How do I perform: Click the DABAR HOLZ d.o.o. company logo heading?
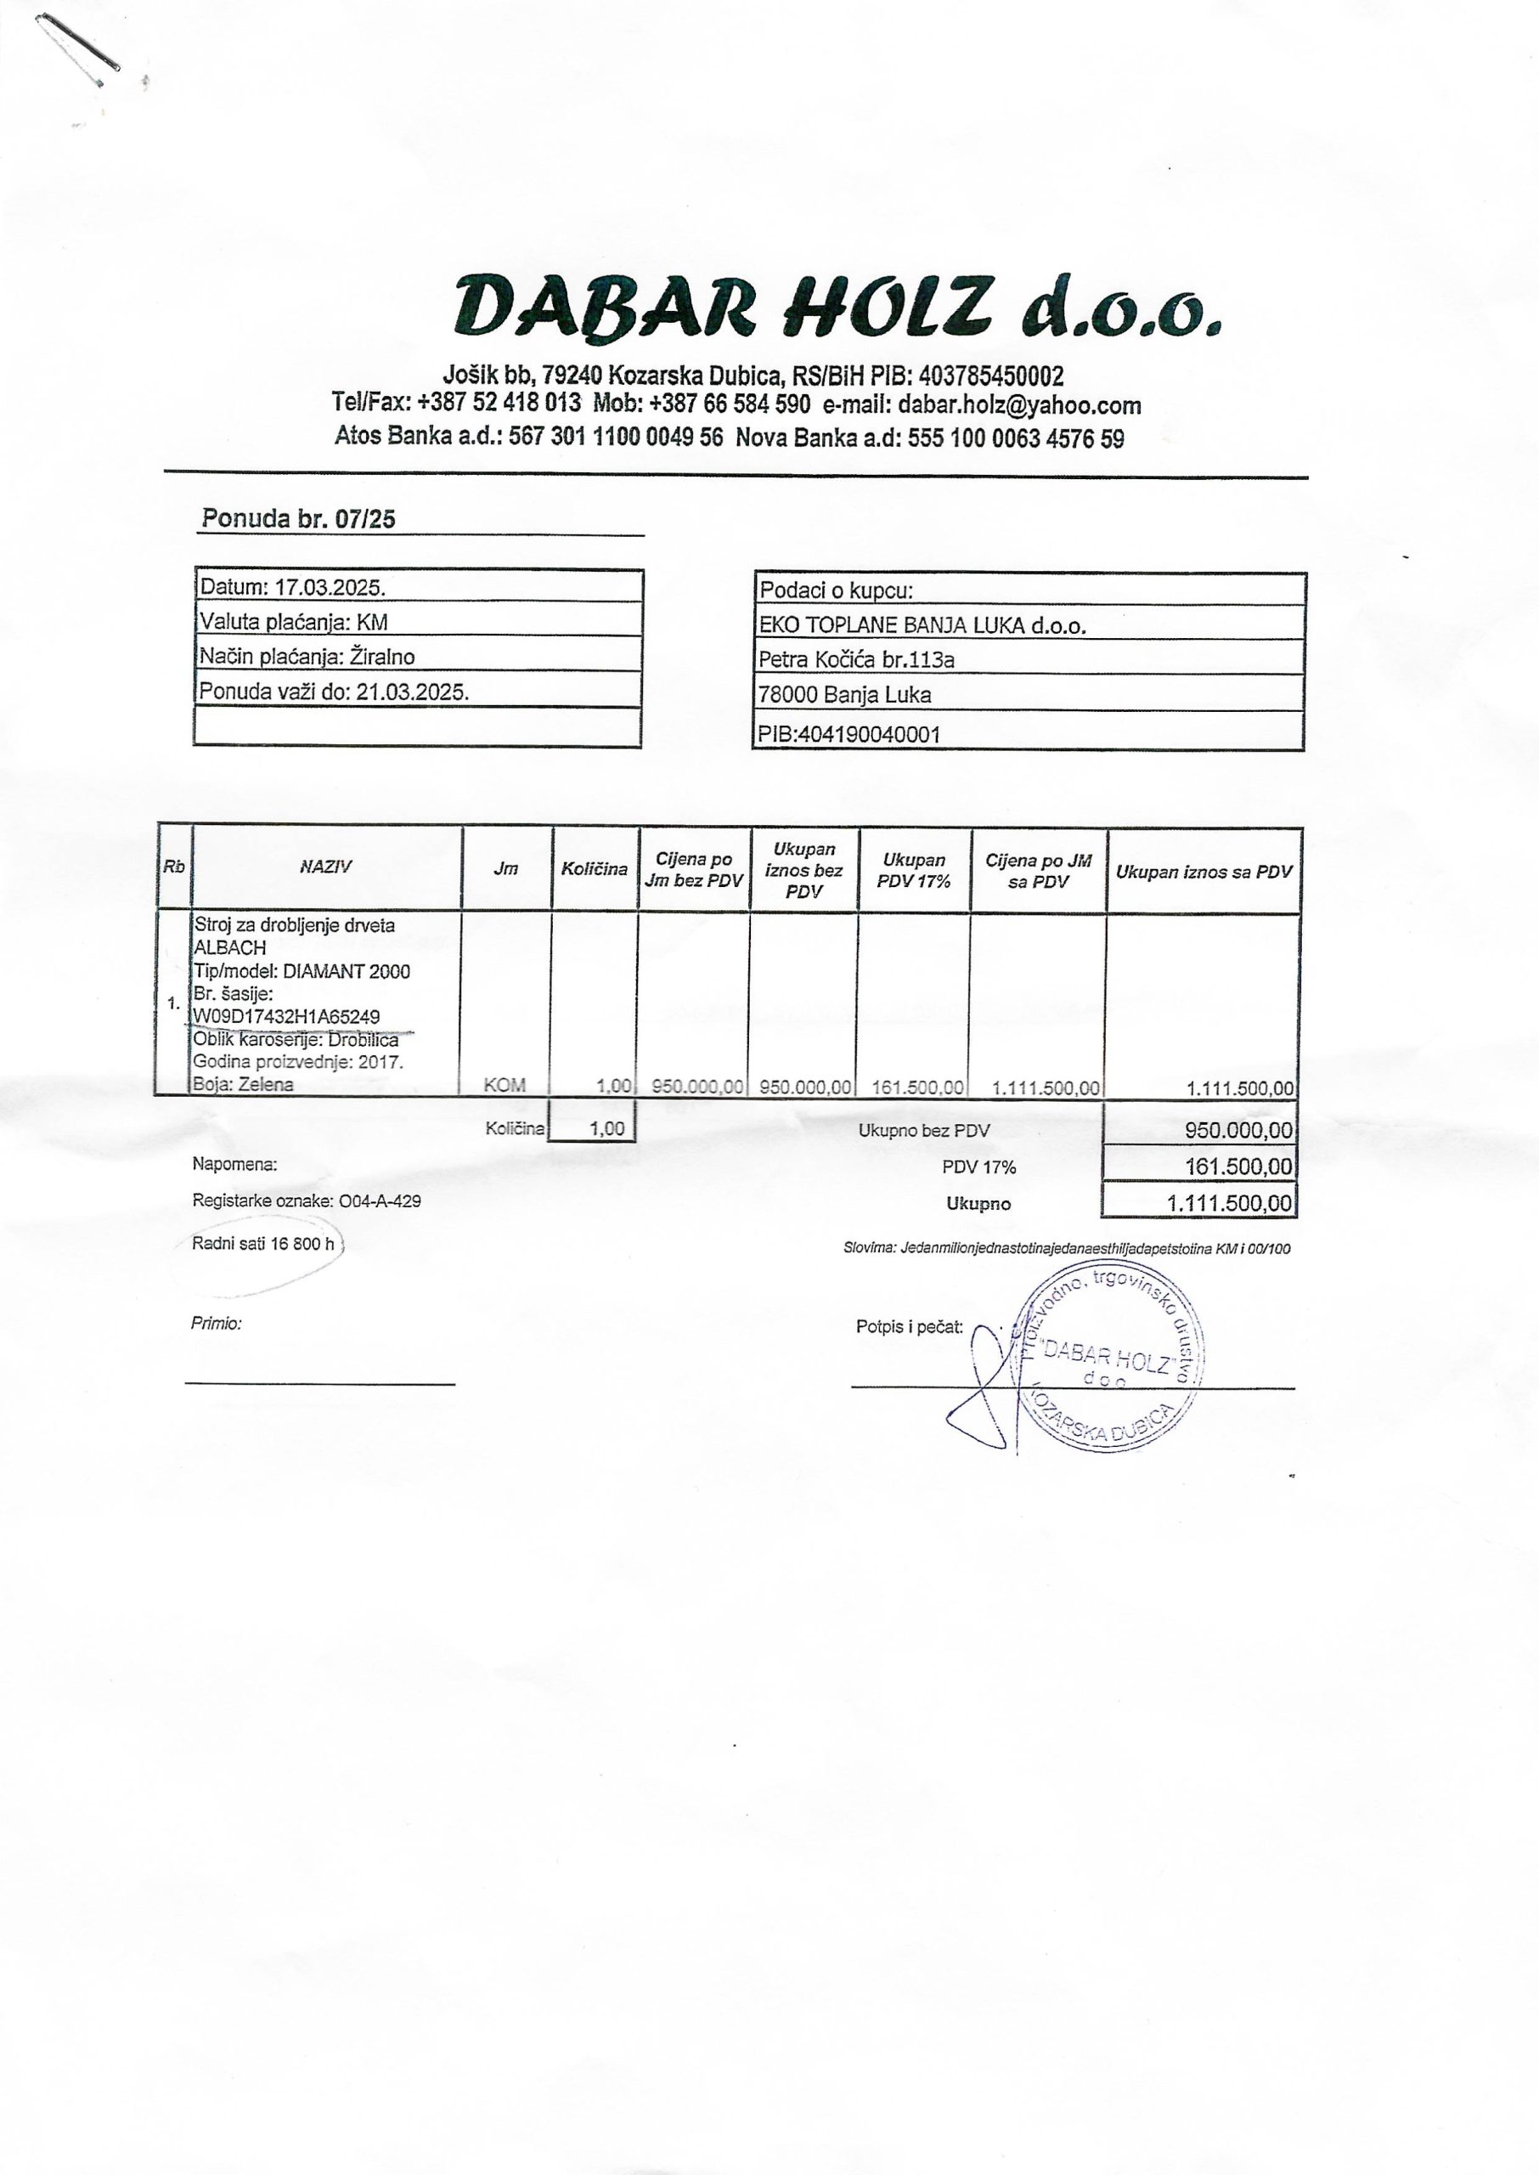(837, 306)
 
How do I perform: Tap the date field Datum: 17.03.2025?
(292, 586)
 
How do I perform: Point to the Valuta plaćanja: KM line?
(293, 622)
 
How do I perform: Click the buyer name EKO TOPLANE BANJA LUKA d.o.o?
(922, 624)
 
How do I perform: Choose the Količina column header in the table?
(595, 869)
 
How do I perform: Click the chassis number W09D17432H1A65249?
(286, 1017)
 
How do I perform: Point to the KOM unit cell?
(505, 1086)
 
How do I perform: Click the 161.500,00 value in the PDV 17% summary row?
(1237, 1166)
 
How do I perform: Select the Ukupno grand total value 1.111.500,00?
(1229, 1204)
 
